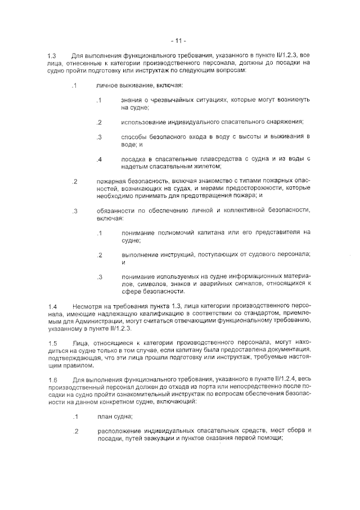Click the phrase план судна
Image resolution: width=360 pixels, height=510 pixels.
115,417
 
